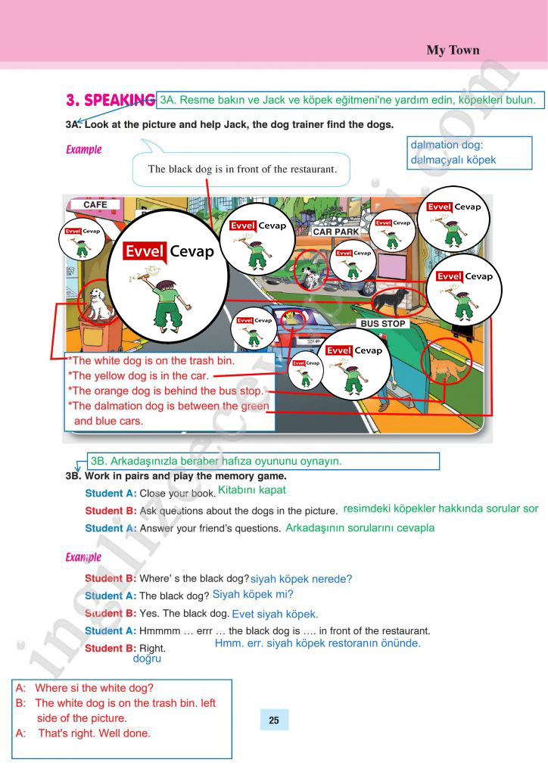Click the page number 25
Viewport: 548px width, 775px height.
pyautogui.click(x=273, y=720)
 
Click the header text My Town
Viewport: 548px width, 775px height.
pyautogui.click(x=453, y=51)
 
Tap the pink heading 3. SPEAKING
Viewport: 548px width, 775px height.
pyautogui.click(x=111, y=100)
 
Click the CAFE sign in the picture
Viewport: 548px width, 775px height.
pyautogui.click(x=95, y=204)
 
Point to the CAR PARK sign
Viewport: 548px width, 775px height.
pyautogui.click(x=336, y=232)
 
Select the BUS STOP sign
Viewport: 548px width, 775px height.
pyautogui.click(x=383, y=323)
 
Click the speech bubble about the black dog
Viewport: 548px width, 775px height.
pyautogui.click(x=242, y=169)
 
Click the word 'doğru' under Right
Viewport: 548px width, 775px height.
pyautogui.click(x=147, y=659)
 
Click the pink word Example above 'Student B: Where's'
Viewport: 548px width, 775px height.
pyautogui.click(x=83, y=558)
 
